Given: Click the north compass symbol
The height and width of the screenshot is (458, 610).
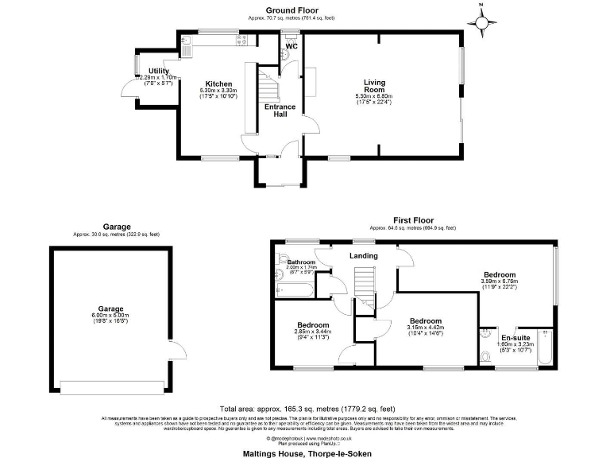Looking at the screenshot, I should tap(481, 23).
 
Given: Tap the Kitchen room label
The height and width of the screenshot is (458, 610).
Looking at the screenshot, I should tap(218, 83).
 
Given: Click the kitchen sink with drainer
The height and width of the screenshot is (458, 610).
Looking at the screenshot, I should tap(186, 46).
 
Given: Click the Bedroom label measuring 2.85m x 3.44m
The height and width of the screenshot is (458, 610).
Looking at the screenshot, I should tap(313, 325).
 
